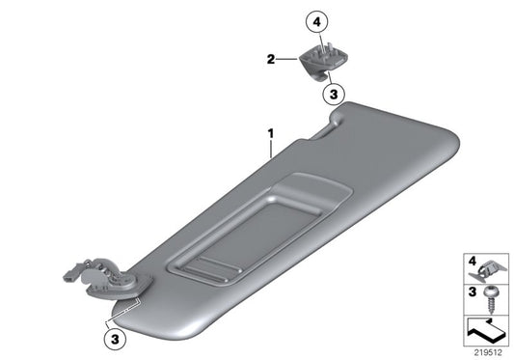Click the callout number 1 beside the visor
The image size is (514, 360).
[271, 128]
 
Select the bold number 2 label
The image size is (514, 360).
[271, 59]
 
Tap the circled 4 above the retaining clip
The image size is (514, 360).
[315, 19]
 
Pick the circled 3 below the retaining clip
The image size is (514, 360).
[331, 94]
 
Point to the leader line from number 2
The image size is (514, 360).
[288, 59]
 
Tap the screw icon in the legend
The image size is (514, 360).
[493, 295]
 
